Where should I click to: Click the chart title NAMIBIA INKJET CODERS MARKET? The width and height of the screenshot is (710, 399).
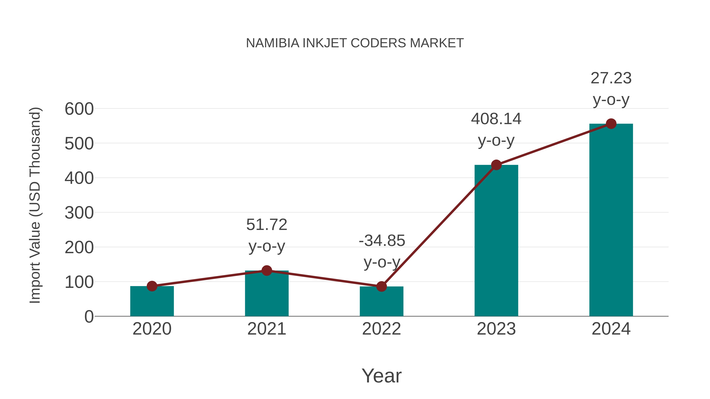click(x=355, y=43)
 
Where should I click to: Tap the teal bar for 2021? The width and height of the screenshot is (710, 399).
click(x=266, y=295)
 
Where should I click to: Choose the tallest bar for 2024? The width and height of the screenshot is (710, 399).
click(x=611, y=220)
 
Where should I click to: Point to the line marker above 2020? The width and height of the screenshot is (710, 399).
click(x=152, y=286)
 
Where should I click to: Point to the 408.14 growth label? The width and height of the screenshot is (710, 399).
click(x=496, y=119)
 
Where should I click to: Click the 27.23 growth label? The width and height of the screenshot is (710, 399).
click(x=611, y=78)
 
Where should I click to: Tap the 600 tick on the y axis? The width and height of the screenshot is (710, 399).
click(x=79, y=109)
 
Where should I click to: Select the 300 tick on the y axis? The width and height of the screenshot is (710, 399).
click(x=79, y=213)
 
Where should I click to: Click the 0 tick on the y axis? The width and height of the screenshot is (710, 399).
click(x=89, y=317)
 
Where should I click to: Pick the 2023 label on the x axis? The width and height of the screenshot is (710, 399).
click(x=496, y=329)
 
